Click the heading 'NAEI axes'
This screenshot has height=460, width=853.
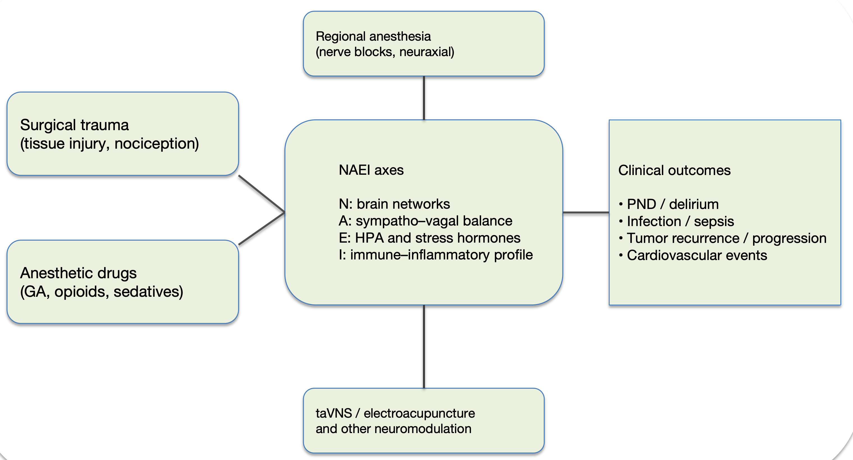pos(371,170)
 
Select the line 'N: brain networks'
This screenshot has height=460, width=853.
pos(394,204)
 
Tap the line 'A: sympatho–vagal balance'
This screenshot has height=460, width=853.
pos(425,221)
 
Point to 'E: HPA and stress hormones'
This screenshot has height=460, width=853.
pos(429,238)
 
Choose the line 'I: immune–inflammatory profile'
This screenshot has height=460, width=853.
pos(435,255)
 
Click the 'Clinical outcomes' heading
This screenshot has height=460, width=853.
pos(674,171)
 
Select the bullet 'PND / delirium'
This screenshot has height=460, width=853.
pos(672,204)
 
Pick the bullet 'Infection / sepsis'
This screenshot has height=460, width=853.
pos(680,221)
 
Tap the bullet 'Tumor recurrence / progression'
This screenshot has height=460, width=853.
pos(726,238)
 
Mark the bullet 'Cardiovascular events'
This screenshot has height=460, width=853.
pos(696,256)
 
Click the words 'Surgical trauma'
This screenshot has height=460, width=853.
pos(74,125)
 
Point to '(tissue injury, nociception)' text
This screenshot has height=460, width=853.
pos(109,144)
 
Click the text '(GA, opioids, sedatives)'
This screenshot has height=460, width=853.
pos(102,291)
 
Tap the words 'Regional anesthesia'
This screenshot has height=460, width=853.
pos(373,36)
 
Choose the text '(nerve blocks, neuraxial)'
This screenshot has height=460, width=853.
pos(385,52)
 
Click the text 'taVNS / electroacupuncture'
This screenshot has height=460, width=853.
pos(395,413)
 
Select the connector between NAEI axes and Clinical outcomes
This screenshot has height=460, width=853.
pos(586,212)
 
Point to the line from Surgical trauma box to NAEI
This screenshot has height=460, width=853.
pos(261,193)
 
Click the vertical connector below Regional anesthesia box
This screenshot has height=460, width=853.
pos(424,98)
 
